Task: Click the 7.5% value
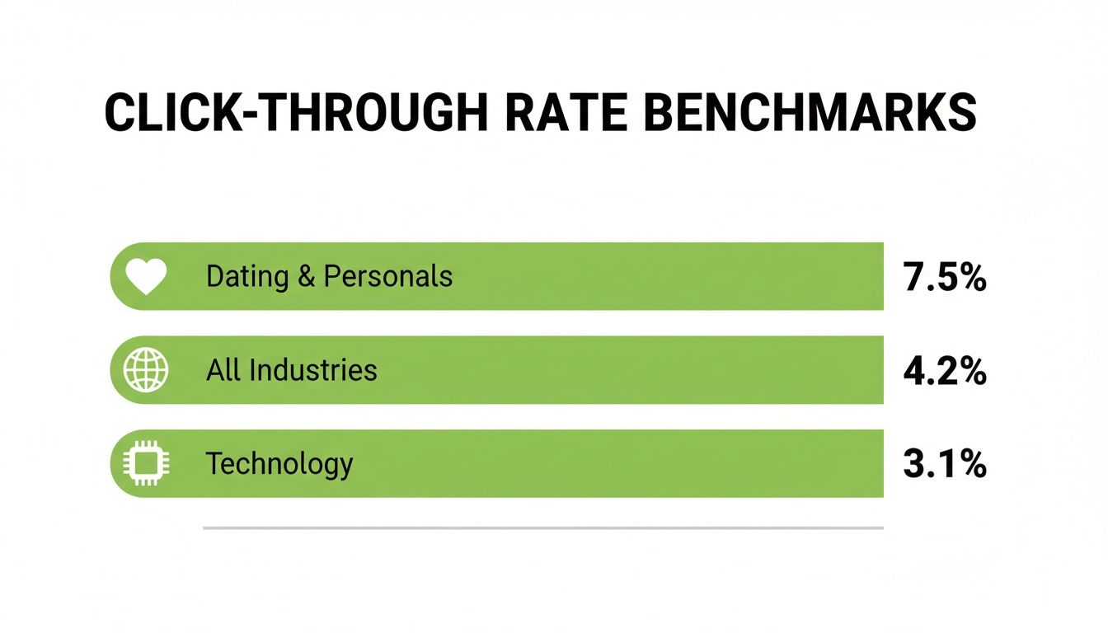(x=945, y=279)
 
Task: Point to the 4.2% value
(x=945, y=372)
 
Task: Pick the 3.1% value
(x=945, y=465)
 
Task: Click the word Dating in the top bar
(x=246, y=277)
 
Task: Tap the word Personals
(x=387, y=276)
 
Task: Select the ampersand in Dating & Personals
(x=307, y=277)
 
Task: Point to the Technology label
(x=279, y=464)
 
